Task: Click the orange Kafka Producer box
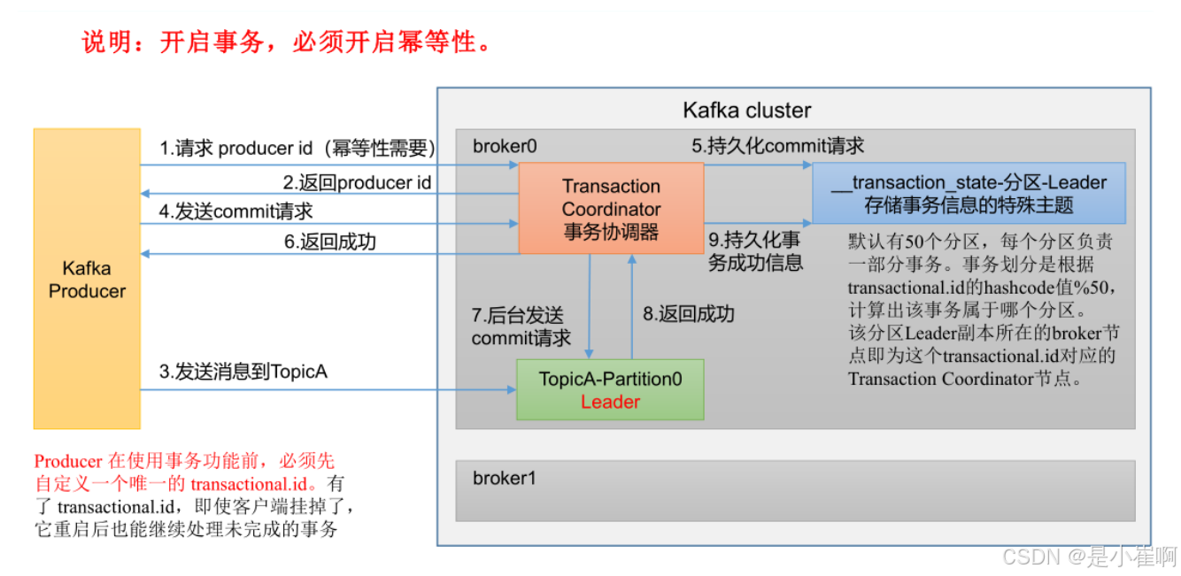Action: coord(87,279)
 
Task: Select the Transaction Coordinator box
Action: coord(611,209)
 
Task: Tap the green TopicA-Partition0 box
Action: coord(610,389)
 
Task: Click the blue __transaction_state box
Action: coord(969,193)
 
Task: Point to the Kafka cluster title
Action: coord(747,111)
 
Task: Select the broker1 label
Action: coord(505,479)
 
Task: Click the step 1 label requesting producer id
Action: coord(297,149)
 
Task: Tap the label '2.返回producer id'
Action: coord(357,182)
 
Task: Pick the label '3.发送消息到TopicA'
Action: coord(243,372)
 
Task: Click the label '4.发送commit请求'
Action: coord(236,211)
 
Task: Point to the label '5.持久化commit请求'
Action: coord(777,146)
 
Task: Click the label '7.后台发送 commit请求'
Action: coord(521,326)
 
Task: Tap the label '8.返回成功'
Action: coord(688,314)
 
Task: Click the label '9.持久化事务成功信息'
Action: coord(754,250)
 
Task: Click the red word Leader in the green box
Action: coord(610,402)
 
